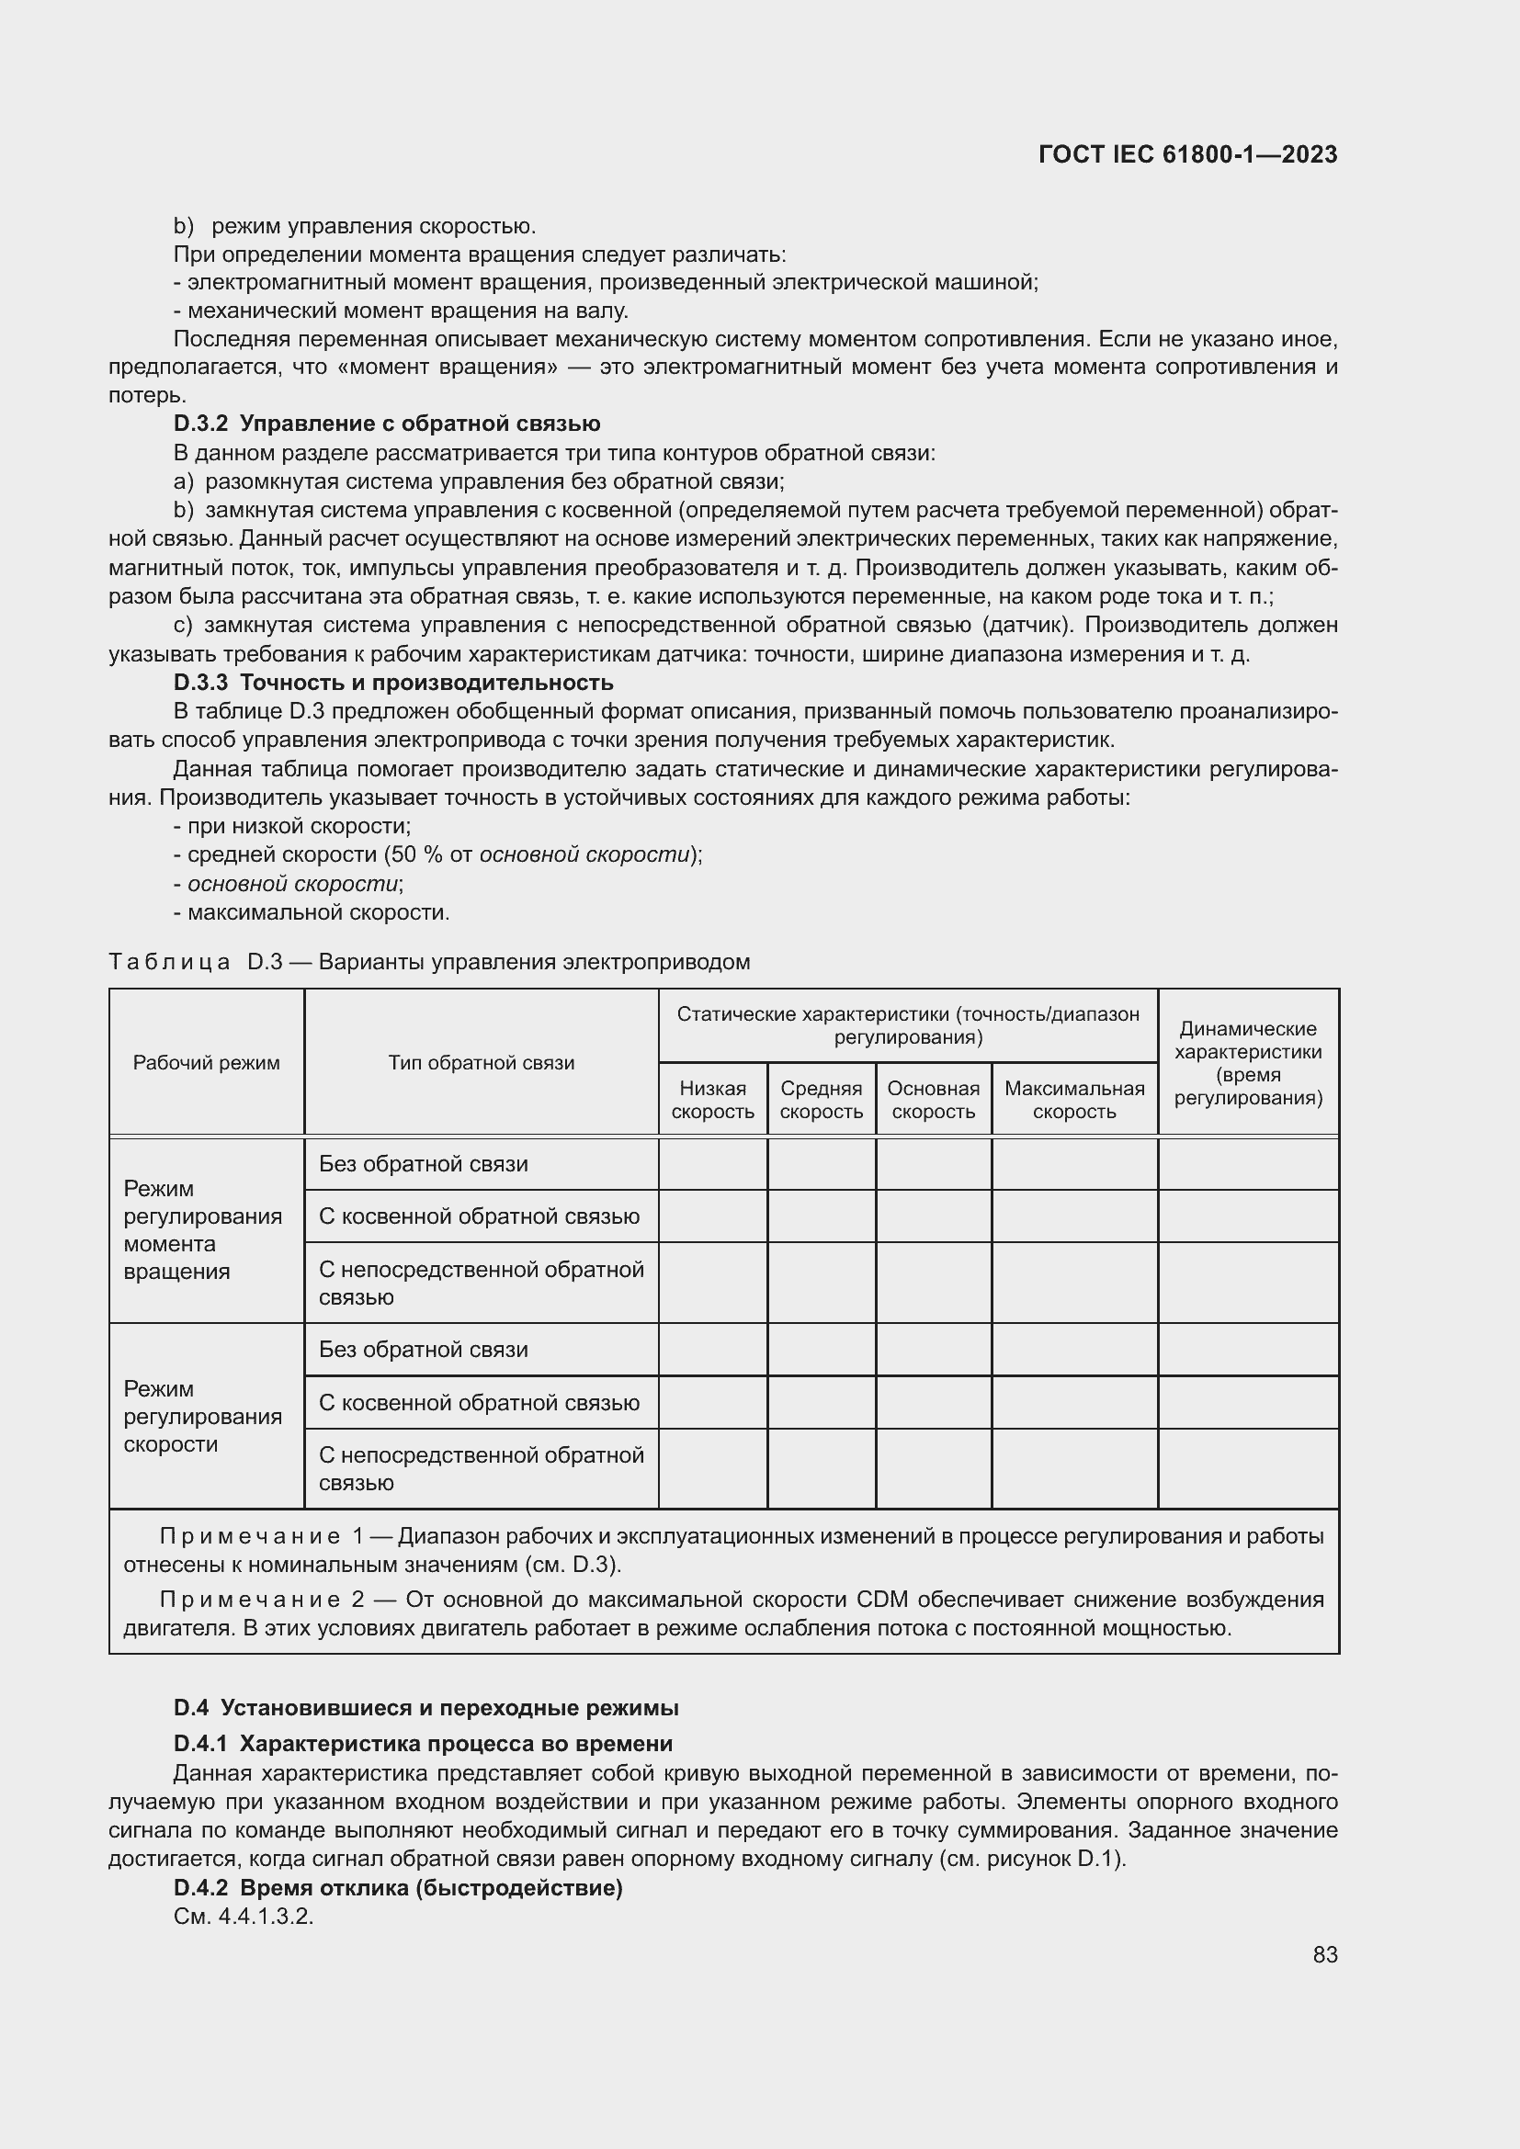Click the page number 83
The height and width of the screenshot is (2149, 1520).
1324,1955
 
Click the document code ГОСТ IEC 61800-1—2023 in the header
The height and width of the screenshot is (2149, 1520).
1187,154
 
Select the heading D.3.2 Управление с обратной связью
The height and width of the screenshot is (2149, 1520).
387,424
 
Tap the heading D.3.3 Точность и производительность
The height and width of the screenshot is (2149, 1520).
393,683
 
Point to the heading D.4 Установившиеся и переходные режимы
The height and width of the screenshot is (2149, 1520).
425,1708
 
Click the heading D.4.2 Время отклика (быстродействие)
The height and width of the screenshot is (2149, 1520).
398,1888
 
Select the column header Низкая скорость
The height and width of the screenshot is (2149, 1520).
712,1100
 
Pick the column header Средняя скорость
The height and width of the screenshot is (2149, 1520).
821,1100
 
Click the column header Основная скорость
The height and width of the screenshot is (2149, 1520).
933,1100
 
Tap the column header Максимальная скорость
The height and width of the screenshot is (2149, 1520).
1073,1100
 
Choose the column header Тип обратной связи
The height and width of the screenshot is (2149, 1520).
481,1062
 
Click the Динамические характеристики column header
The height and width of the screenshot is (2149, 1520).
1248,1062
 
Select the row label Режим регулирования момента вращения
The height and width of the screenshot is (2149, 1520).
203,1229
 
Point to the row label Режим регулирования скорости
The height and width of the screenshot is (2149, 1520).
203,1415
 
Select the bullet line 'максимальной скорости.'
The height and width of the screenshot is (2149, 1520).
318,911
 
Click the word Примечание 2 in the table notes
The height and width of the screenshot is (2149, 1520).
262,1600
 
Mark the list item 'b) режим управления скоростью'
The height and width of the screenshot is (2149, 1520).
356,226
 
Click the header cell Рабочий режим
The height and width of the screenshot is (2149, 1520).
206,1062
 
